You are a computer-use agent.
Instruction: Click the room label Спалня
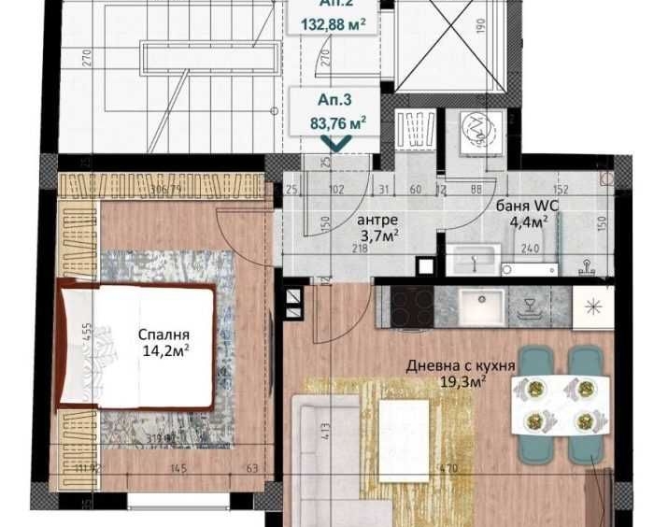pyautogui.click(x=164, y=335)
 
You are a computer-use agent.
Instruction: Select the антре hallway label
pyautogui.click(x=378, y=220)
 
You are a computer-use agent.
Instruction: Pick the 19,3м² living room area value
pyautogui.click(x=462, y=381)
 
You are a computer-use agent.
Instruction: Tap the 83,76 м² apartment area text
pyautogui.click(x=337, y=120)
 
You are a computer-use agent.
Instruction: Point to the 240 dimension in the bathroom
pyautogui.click(x=530, y=249)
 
